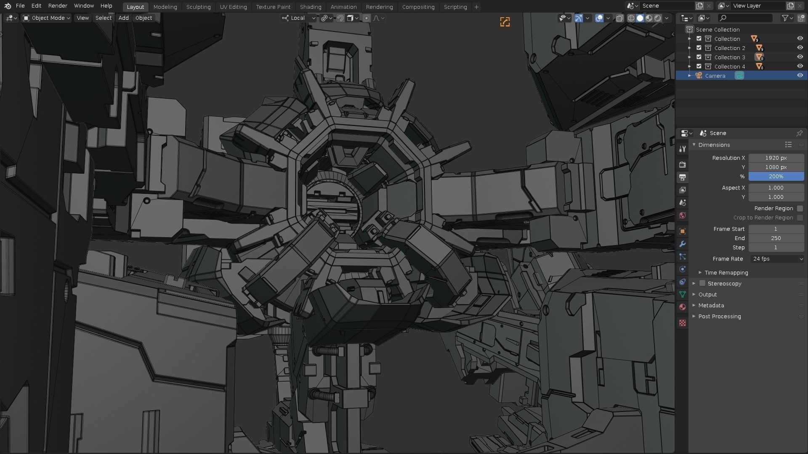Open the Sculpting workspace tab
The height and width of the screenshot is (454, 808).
pos(198,7)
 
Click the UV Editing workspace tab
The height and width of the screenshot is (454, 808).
pos(233,7)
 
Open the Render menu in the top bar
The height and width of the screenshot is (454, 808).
pos(58,5)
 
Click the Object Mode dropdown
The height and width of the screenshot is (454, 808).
pos(47,18)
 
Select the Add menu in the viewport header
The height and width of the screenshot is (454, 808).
pos(123,18)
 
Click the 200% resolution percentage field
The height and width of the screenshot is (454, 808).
pos(776,177)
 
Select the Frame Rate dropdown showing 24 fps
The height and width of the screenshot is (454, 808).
pos(777,259)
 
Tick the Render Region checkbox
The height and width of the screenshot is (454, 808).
pos(800,209)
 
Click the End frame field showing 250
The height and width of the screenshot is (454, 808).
pos(776,238)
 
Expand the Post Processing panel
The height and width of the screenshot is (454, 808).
pos(719,317)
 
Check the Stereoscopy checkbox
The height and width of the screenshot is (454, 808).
pos(702,284)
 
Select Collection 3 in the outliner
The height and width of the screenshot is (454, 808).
pos(729,57)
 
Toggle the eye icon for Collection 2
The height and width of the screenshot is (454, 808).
pos(800,48)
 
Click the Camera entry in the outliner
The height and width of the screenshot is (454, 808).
pos(715,76)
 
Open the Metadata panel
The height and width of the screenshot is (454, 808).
pos(711,306)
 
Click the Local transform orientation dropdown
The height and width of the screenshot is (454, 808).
pos(299,18)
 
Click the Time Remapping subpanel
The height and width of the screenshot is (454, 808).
pos(726,273)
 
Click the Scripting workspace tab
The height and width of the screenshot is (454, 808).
pos(455,7)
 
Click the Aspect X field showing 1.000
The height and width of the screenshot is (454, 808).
pos(776,188)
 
